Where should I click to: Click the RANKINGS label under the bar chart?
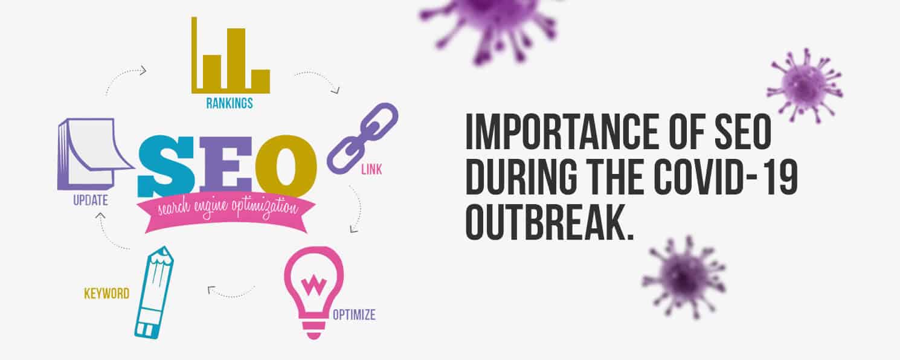230,103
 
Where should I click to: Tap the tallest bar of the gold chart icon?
236,58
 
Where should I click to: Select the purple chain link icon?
362,138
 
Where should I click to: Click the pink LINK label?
371,170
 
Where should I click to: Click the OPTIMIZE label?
354,315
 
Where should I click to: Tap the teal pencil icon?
154,292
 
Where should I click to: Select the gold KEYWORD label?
106,294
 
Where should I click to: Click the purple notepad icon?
95,154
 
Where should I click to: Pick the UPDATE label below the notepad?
91,200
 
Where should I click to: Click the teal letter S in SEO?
166,166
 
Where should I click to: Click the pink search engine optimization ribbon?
226,213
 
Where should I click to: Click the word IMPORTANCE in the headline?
561,132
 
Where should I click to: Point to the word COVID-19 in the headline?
725,177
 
